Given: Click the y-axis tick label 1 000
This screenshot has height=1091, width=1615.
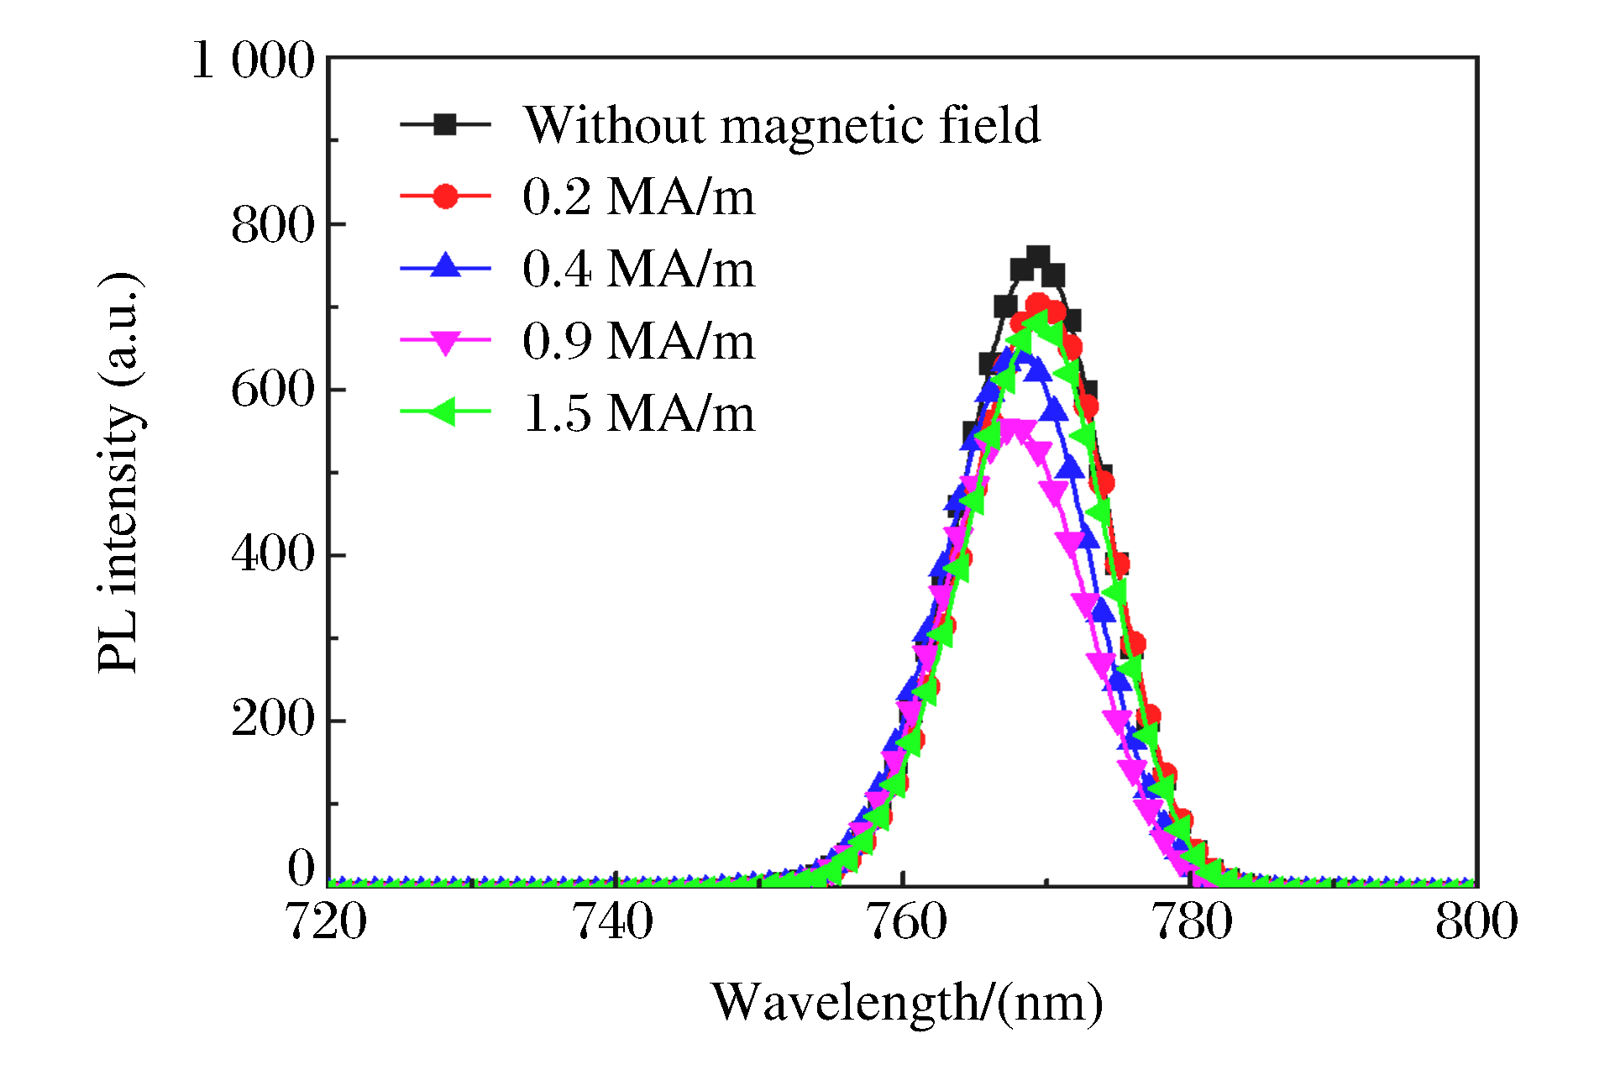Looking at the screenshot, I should click(x=253, y=60).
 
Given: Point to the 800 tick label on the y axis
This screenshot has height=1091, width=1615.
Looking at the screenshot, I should click(x=272, y=225).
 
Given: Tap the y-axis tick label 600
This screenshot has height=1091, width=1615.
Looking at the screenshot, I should click(x=272, y=390).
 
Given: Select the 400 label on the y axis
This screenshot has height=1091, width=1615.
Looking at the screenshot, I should click(x=272, y=554).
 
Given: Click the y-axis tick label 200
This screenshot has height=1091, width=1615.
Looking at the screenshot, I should click(x=272, y=719).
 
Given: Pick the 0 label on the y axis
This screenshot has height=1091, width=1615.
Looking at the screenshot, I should click(x=301, y=868).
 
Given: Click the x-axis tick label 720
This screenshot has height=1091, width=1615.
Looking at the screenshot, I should click(x=327, y=921).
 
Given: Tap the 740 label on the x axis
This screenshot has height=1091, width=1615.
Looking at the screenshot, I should click(x=613, y=921).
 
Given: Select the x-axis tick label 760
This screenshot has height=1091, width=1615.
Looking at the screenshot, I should click(x=905, y=921).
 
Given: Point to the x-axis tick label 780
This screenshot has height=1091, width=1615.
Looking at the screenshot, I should click(x=1192, y=921).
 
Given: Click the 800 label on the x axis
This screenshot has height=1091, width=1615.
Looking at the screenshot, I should click(x=1476, y=921).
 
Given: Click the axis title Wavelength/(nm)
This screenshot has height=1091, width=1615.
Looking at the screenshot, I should click(x=907, y=1002).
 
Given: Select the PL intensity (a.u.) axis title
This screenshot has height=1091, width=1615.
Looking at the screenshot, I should click(x=119, y=472).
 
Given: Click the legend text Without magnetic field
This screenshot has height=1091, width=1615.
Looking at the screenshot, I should click(x=781, y=125).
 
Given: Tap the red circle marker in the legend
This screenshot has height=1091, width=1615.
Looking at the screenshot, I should click(x=445, y=197).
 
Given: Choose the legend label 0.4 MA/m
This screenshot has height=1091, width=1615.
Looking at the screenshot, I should click(x=638, y=269).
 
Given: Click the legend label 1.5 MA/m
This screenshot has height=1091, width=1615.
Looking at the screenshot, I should click(x=638, y=413).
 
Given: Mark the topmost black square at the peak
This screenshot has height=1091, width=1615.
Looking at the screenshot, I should click(x=1038, y=257).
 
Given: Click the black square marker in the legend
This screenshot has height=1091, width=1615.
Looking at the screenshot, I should click(x=445, y=125).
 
